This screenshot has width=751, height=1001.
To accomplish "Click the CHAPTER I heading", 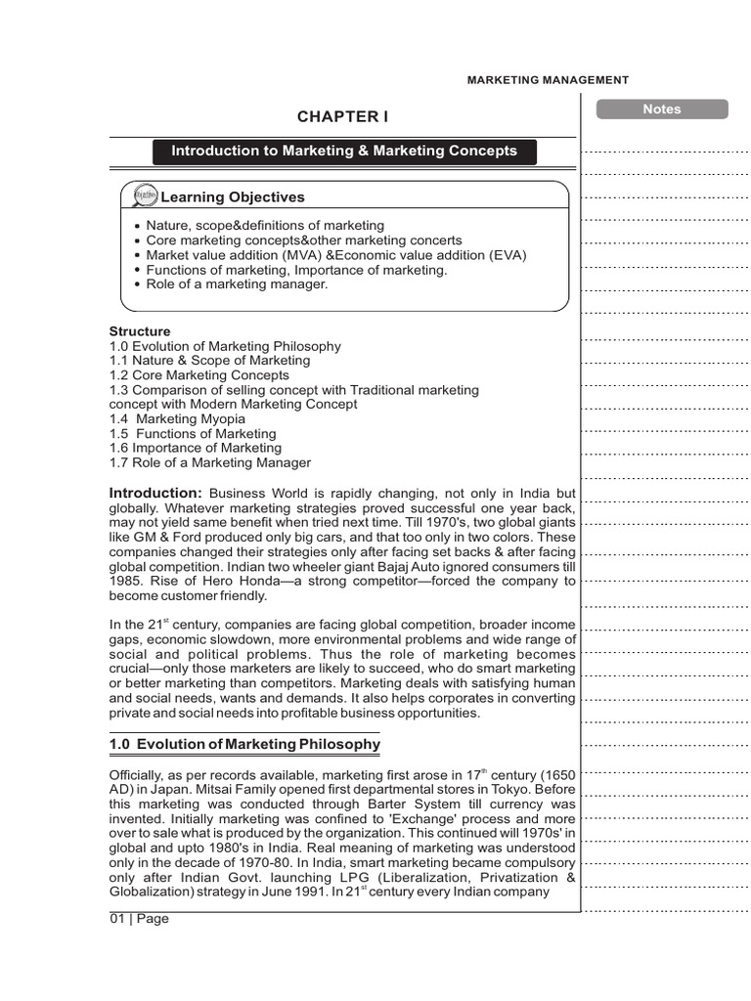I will point(342,117).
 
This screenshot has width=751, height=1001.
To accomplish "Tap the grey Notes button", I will point(661,109).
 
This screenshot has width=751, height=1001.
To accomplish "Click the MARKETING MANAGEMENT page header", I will point(548,80).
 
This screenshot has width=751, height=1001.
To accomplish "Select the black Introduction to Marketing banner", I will point(344,152).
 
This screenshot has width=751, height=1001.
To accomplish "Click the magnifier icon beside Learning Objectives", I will point(143,196).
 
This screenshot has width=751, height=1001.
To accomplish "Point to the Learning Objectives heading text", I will point(233,197).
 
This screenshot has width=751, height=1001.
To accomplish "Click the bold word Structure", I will point(139,331).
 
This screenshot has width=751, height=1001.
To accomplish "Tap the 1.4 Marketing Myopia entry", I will point(177,418).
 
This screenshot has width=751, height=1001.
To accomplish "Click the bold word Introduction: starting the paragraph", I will point(155,493).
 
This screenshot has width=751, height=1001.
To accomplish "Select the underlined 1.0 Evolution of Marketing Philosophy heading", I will point(244,745).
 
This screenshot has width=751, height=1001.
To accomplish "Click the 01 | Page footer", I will point(139,919).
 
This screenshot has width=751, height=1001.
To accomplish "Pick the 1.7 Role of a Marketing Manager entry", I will point(209,462).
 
